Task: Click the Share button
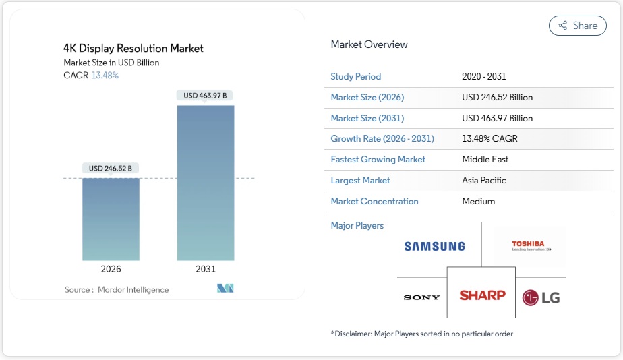pyautogui.click(x=577, y=26)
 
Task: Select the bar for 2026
pyautogui.click(x=111, y=218)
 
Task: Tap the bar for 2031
pyautogui.click(x=206, y=182)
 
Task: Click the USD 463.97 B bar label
pyautogui.click(x=205, y=96)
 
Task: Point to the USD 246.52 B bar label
pyautogui.click(x=111, y=168)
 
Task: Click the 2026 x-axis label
pyautogui.click(x=111, y=269)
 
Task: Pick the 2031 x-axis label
pyautogui.click(x=206, y=269)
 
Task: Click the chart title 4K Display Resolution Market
pyautogui.click(x=133, y=49)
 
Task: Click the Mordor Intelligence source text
pyautogui.click(x=133, y=290)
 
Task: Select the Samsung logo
pyautogui.click(x=435, y=246)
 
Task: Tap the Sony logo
pyautogui.click(x=421, y=297)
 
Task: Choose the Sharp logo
pyautogui.click(x=482, y=295)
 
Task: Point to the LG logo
pyautogui.click(x=541, y=297)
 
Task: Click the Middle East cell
pyautogui.click(x=485, y=160)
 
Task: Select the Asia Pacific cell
pyautogui.click(x=484, y=181)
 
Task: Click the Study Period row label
pyautogui.click(x=356, y=77)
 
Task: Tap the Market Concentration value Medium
pyautogui.click(x=479, y=202)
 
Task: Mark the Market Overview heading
pyautogui.click(x=369, y=44)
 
